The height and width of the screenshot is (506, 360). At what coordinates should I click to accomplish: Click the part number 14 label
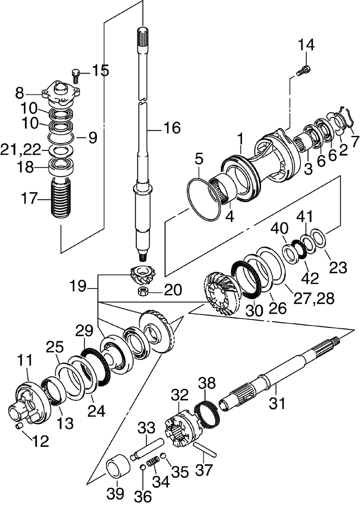(x=306, y=46)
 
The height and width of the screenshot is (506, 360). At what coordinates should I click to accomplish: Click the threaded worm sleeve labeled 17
(x=60, y=198)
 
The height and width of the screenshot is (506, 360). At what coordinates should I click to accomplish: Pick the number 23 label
(x=338, y=267)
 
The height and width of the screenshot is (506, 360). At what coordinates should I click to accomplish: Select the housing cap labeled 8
(x=61, y=92)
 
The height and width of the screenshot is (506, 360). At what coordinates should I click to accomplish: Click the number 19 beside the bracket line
(x=78, y=288)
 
